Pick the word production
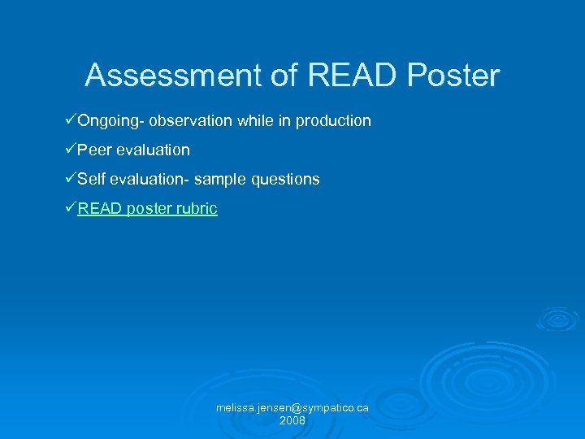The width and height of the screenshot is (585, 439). [333, 121]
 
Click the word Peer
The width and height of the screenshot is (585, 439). [95, 150]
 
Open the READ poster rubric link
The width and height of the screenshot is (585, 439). [147, 208]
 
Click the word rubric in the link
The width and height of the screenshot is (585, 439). [198, 208]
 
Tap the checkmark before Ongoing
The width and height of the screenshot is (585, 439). [70, 120]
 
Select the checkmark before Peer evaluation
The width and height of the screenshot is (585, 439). [70, 150]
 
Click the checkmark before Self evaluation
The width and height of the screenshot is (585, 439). [70, 178]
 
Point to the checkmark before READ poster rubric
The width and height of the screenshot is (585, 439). [70, 207]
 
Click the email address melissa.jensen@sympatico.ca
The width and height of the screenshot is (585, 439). [292, 407]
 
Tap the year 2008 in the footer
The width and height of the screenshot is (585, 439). [292, 420]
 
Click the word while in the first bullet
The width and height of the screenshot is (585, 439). [254, 121]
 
